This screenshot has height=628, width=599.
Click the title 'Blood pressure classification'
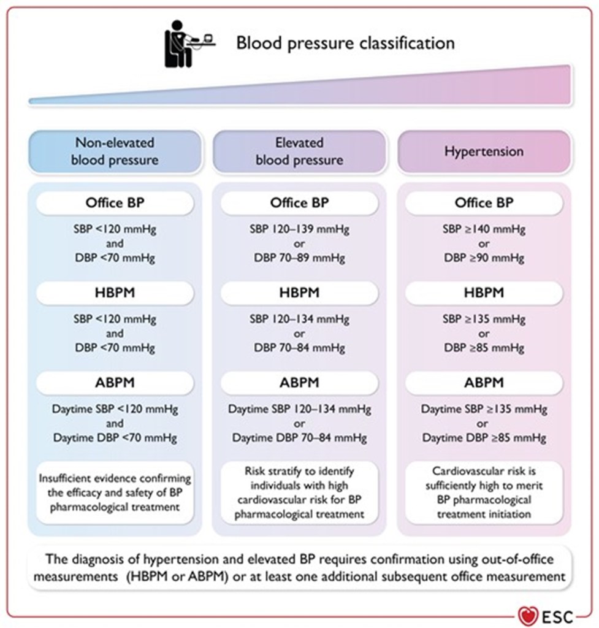coord(345,43)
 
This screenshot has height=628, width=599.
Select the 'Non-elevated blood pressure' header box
coord(115,151)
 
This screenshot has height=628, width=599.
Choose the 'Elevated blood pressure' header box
coord(299,151)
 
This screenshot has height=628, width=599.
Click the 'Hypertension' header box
coord(484,151)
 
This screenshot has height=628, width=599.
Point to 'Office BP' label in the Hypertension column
coord(484,203)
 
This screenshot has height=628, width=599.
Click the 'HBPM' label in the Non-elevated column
coord(115,293)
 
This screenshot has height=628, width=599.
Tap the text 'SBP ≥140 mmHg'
coord(484,230)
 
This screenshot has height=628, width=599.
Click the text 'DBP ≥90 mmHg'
coord(484,258)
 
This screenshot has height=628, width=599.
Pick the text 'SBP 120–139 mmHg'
coord(299,230)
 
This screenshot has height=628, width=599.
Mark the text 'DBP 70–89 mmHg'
coord(299,258)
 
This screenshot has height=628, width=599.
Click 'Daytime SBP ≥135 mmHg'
coord(484,409)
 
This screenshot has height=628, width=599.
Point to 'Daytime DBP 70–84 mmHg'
coord(299,438)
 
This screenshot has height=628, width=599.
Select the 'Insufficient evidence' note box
coord(115,493)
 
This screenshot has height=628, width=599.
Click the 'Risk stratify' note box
coord(299,493)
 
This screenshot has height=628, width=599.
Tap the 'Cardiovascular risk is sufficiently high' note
coord(484,493)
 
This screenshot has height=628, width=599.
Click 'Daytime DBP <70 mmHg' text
coord(115,438)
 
